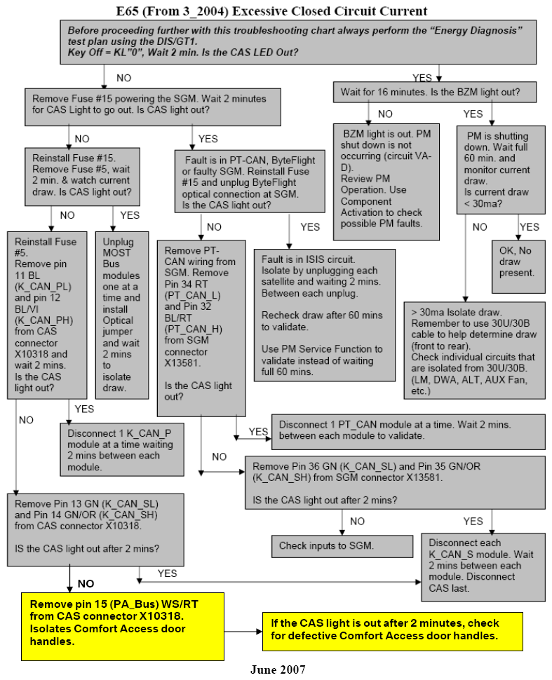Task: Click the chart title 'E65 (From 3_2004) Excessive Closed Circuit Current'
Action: coord(271,11)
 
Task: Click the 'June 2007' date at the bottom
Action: coord(278,669)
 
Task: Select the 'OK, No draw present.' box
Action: coord(518,266)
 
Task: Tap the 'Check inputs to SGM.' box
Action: coord(342,546)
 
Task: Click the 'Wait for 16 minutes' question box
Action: coord(434,93)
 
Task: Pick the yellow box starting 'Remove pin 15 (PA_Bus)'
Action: coord(123,627)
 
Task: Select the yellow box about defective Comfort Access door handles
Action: coord(392,632)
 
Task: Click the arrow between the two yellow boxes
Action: coord(243,632)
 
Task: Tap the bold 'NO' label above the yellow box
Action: coord(86,584)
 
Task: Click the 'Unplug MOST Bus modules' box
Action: coord(122,315)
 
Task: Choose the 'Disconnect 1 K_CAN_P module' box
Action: coord(122,450)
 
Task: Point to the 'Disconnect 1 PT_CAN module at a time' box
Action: coord(408,432)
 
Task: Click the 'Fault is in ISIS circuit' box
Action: coord(325,315)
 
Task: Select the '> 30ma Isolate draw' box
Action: coord(474,351)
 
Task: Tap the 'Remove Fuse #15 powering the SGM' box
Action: coord(153,107)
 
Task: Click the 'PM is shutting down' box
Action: coord(501,170)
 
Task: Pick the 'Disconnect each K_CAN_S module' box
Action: coord(483,567)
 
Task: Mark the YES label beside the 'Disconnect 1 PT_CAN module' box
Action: coord(258,432)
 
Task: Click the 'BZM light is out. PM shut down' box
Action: coord(386,182)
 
